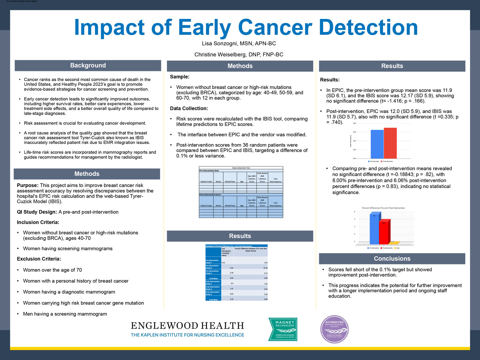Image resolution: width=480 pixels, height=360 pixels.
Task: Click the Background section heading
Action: click(x=88, y=65)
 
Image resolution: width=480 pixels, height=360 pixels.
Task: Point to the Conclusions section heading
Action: click(x=392, y=259)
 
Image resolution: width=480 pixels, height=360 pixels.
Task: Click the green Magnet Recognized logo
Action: click(x=283, y=329)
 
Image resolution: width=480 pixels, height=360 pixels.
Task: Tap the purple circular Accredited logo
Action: click(x=334, y=329)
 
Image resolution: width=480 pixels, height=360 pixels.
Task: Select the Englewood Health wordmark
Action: click(x=187, y=326)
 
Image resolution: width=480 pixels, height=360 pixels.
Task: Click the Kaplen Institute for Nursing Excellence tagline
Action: click(x=187, y=335)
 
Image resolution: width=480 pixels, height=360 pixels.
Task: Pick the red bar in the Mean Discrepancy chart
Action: click(x=390, y=143)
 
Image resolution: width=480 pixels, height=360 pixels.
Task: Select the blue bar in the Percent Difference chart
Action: click(x=374, y=229)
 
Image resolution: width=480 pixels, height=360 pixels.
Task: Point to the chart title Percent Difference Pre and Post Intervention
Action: click(x=383, y=208)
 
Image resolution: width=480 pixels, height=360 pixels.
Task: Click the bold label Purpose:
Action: click(x=28, y=185)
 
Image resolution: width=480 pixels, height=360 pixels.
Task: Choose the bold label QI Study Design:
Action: click(x=37, y=212)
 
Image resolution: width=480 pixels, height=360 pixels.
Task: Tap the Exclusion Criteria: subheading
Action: click(x=39, y=259)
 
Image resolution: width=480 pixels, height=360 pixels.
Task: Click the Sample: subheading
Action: click(x=180, y=77)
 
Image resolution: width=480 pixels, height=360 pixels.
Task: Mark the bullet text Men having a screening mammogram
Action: click(x=65, y=314)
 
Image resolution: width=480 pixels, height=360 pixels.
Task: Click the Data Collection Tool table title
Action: click(x=241, y=168)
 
